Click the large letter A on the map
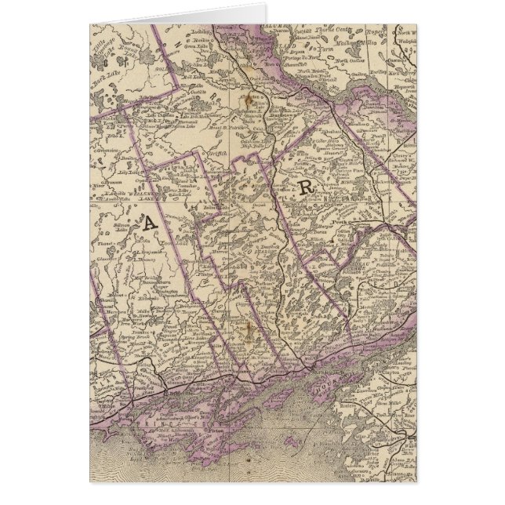[x=148, y=224]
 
